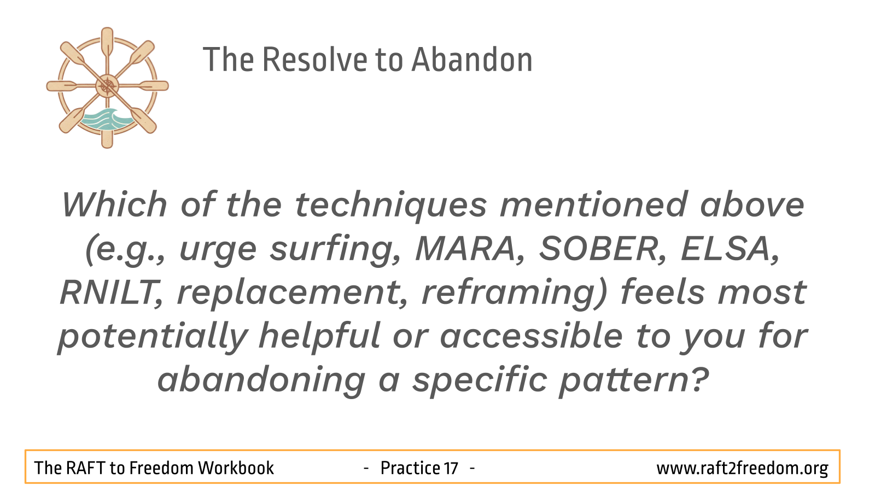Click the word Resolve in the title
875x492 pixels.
click(x=315, y=60)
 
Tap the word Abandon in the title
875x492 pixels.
click(x=472, y=60)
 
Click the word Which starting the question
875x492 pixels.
click(x=115, y=204)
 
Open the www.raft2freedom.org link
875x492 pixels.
click(x=742, y=468)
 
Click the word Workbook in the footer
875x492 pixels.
click(x=236, y=468)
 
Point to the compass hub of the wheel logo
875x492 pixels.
click(x=107, y=86)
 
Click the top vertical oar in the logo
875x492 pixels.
click(x=107, y=43)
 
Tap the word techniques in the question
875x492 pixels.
click(x=391, y=206)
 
